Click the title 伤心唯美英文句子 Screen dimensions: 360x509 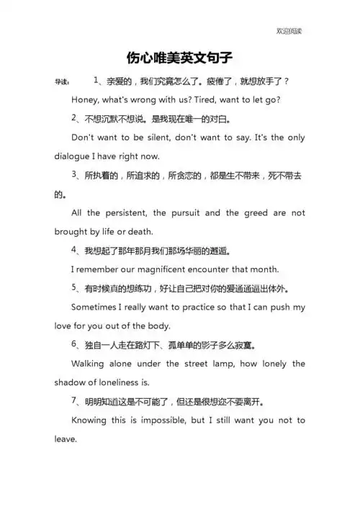(179, 56)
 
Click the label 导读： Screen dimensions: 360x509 (63, 82)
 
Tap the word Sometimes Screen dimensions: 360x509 (98, 307)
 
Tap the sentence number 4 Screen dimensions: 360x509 (75, 250)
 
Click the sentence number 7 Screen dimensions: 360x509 (75, 400)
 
